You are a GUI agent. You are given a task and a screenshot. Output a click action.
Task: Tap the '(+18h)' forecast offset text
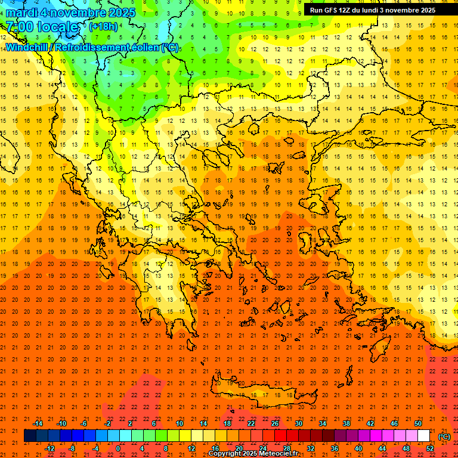click(104, 26)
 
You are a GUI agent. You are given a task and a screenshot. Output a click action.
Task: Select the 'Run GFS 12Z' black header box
click(373, 10)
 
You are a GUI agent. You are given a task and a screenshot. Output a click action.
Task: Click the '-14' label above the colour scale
click(38, 423)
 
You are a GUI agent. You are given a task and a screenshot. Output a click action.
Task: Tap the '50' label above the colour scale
click(418, 423)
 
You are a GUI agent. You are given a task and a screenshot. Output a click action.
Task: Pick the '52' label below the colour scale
click(430, 448)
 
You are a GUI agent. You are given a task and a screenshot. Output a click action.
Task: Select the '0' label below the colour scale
click(118, 448)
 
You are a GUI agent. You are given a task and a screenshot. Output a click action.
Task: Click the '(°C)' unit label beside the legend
click(444, 436)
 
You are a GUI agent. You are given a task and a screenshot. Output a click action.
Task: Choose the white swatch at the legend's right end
click(423, 436)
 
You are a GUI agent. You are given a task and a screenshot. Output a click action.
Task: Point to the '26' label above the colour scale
click(275, 423)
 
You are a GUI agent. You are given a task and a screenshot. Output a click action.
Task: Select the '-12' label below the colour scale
click(49, 448)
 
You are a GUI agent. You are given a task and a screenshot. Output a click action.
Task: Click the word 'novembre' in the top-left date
click(77, 12)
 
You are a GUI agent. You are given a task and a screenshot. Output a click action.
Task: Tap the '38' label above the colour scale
click(346, 423)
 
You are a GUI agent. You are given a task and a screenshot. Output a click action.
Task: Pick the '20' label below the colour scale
click(239, 448)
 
